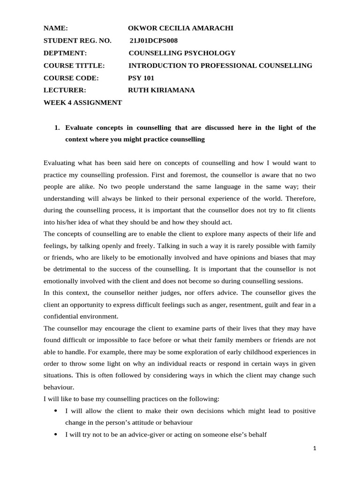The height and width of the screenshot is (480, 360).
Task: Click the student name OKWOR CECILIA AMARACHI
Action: (180, 28)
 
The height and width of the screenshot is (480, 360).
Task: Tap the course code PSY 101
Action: (141, 78)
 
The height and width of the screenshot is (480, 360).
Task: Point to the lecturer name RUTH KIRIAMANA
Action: (162, 90)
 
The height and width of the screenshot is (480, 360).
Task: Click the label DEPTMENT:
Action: (65, 53)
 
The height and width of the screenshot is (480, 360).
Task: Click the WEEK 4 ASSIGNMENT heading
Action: (82, 103)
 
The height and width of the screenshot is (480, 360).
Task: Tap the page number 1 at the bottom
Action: (315, 448)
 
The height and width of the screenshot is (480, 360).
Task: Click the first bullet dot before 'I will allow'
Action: (56, 411)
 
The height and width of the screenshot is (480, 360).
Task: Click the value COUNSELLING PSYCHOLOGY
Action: (182, 53)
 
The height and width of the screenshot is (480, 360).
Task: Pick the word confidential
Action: (63, 316)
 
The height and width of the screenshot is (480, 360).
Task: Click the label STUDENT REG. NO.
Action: (77, 41)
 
